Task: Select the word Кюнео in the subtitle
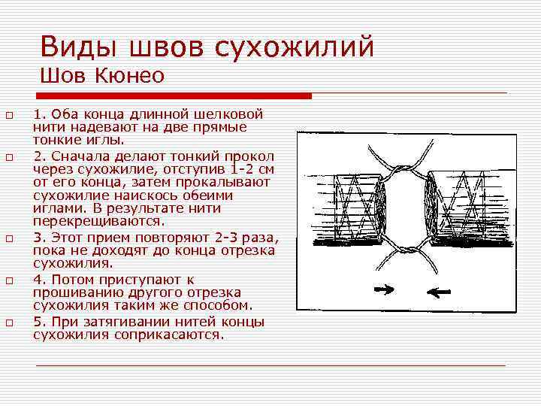point(131,76)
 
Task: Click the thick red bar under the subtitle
point(174,95)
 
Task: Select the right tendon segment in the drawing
point(470,207)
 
